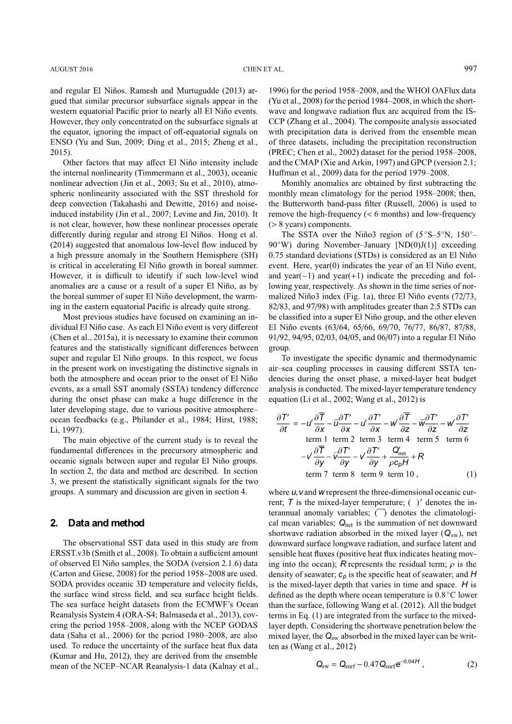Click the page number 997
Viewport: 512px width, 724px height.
[470, 69]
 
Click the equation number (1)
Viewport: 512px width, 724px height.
[470, 474]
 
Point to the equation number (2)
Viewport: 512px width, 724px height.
[470, 665]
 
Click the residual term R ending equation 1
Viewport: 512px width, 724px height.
[421, 457]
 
